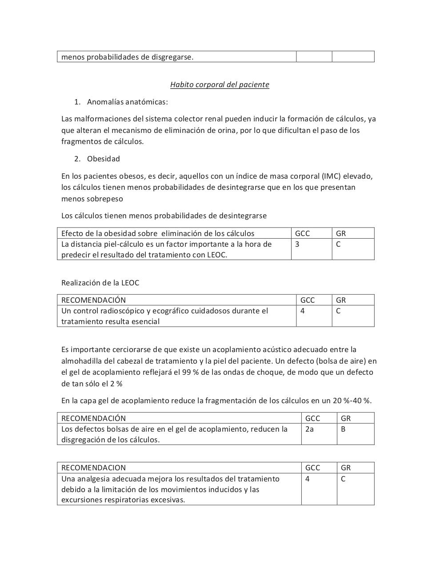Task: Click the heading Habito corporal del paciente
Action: point(220,84)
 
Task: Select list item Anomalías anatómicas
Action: point(127,102)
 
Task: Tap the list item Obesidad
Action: point(103,159)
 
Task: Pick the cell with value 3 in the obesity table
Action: point(297,244)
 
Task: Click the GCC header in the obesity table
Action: point(302,233)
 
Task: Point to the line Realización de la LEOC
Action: point(100,283)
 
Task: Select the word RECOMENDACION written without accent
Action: point(93,468)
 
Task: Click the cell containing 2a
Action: point(309,429)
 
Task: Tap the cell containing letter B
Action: point(343,429)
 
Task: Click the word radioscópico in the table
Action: point(116,311)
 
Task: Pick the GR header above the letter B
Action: point(345,418)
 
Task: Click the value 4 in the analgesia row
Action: point(308,479)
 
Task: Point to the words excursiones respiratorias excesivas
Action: point(123,500)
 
